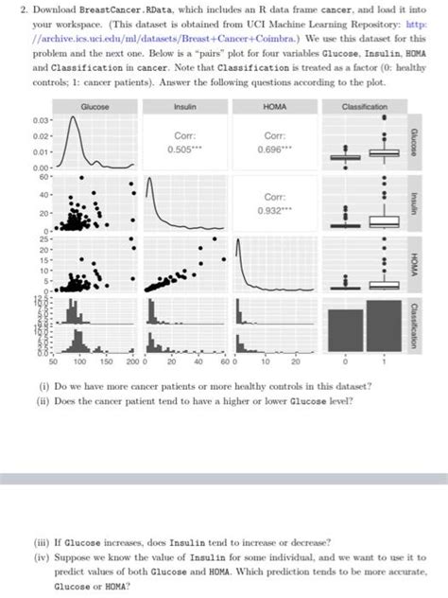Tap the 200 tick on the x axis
[x=131, y=361]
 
